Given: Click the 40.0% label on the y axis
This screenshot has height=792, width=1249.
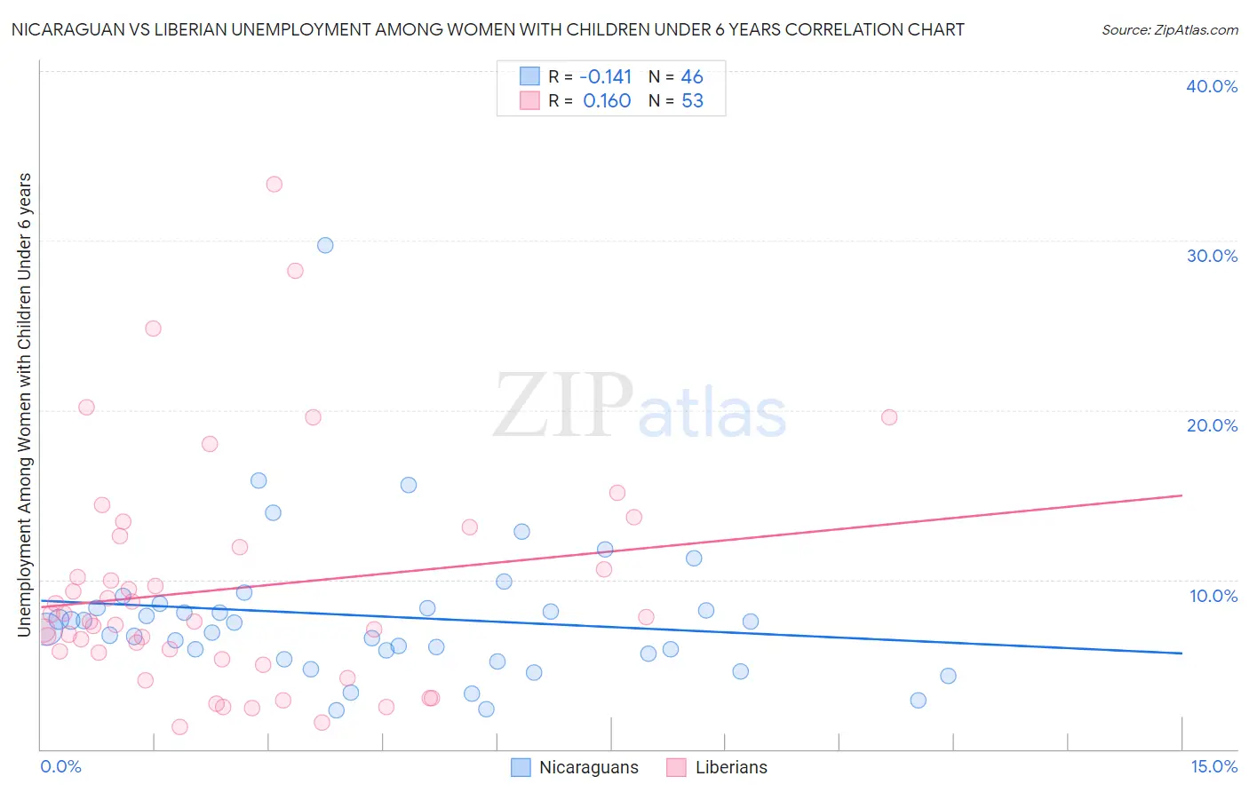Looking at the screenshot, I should [x=1211, y=86].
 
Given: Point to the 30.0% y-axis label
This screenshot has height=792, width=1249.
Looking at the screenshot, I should [x=1211, y=256].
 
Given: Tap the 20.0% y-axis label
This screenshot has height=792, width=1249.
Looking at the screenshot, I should [x=1211, y=425].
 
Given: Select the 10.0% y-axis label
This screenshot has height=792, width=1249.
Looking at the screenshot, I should [x=1213, y=596].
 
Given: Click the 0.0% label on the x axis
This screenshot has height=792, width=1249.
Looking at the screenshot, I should [x=60, y=766].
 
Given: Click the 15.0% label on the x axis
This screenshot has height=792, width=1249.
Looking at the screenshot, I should [x=1213, y=766].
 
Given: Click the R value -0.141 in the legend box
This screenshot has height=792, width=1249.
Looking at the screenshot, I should [x=605, y=77].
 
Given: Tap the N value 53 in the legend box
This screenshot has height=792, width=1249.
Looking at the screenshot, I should [x=692, y=101].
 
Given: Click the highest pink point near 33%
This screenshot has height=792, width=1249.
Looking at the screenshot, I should [x=274, y=184].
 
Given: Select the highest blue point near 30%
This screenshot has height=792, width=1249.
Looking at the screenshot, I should [x=325, y=245].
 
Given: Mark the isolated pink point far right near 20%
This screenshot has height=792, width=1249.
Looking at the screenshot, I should [x=889, y=417].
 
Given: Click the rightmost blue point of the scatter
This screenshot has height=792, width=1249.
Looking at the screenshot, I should [x=948, y=676].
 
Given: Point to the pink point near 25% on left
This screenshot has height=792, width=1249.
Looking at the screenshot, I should [x=153, y=329].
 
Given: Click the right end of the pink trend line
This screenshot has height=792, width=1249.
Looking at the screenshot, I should [x=1181, y=495].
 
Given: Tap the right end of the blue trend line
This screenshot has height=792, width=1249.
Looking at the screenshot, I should [x=1181, y=653].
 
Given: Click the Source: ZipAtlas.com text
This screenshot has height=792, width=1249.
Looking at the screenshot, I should [x=1169, y=30].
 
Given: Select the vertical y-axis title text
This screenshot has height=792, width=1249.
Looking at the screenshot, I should [x=25, y=405].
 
